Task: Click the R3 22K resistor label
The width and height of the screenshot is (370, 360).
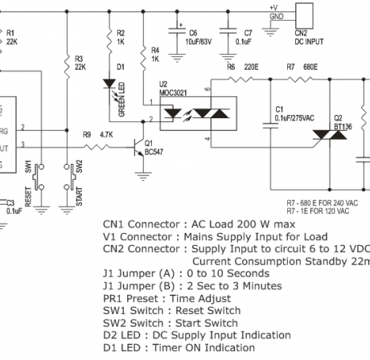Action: click(x=78, y=62)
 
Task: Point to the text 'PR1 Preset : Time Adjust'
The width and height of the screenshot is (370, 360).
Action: click(x=168, y=297)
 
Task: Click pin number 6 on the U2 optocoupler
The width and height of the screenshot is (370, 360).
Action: click(x=208, y=89)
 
